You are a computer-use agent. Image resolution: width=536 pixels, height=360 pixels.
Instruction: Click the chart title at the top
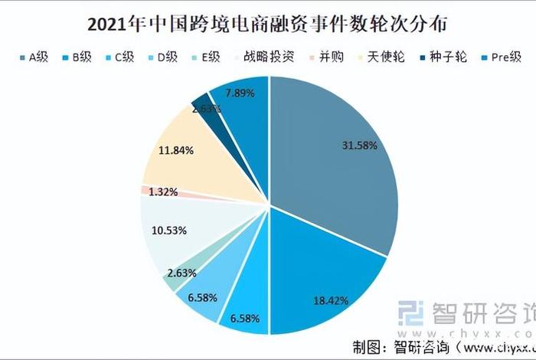[269, 23]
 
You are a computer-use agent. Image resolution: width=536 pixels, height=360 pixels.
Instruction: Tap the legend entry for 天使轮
[380, 57]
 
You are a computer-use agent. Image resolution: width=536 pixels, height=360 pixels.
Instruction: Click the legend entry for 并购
[327, 57]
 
